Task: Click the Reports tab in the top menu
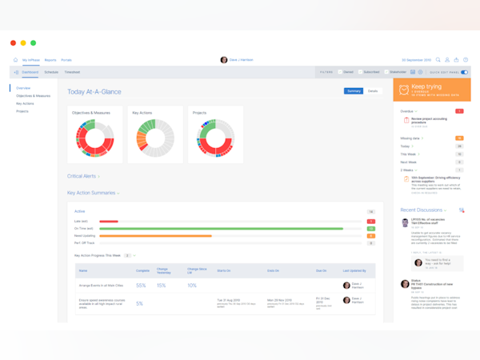50,60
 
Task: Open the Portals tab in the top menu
66,60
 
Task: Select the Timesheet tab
72,72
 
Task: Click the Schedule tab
51,72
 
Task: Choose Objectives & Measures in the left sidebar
33,96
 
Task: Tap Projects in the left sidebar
22,111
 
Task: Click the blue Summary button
354,91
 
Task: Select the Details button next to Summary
373,91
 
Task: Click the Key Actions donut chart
150,138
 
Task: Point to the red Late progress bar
108,222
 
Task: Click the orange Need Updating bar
155,236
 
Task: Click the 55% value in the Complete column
141,286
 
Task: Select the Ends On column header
273,270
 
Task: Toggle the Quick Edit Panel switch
464,72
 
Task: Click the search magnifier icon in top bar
438,60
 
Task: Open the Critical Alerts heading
82,176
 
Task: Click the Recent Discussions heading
422,210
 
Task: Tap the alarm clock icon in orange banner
404,90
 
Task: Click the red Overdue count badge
459,111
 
